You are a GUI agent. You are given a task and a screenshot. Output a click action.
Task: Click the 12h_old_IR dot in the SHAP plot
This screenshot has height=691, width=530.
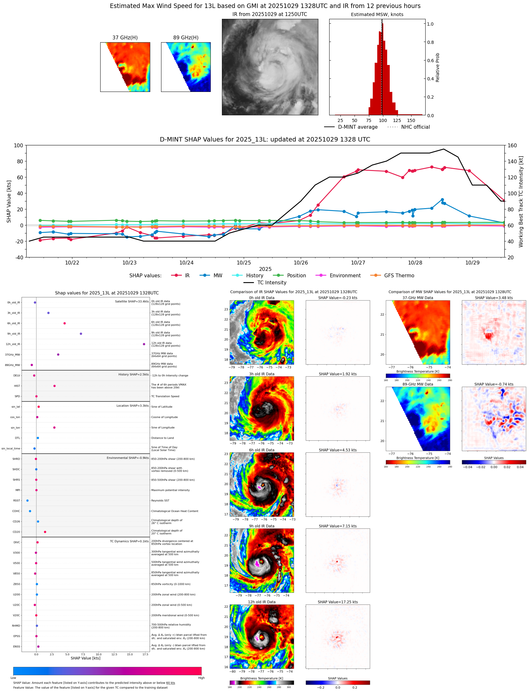[x=144, y=344]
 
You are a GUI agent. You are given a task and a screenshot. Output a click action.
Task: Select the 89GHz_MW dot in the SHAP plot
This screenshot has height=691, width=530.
[x=32, y=365]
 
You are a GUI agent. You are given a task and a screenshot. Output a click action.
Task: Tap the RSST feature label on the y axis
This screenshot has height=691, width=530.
[x=17, y=500]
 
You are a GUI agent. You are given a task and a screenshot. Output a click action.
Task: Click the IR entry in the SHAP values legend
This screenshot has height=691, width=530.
[x=187, y=276]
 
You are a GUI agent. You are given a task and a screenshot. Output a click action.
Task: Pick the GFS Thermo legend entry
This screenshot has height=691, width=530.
[x=399, y=276]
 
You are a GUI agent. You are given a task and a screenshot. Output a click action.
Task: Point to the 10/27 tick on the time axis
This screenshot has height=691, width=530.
[x=358, y=263]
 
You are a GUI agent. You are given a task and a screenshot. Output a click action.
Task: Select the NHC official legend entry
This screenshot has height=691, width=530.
[x=415, y=127]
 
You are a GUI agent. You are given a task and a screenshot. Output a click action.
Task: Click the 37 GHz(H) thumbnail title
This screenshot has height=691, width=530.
[x=125, y=38]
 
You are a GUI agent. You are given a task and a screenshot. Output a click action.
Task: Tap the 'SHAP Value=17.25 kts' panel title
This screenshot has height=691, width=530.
[x=338, y=602]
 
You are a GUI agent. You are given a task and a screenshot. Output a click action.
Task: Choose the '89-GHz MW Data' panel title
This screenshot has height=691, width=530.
[x=418, y=384]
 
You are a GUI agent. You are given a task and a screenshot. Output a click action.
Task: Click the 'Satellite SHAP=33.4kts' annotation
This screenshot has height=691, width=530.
[x=132, y=302]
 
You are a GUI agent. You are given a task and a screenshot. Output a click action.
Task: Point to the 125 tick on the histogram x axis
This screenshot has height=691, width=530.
[x=397, y=120]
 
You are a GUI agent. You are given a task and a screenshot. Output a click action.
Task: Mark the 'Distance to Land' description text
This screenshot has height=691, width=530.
[x=162, y=438]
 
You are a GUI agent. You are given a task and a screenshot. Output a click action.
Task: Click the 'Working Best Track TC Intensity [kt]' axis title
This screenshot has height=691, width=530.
[x=521, y=201]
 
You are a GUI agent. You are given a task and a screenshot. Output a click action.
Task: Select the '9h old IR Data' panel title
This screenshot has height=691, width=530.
[x=262, y=526]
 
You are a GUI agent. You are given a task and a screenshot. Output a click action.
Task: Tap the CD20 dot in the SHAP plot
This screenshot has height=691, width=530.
[x=45, y=532]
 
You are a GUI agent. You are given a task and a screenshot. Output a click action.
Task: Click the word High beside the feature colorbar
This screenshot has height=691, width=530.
[x=201, y=678]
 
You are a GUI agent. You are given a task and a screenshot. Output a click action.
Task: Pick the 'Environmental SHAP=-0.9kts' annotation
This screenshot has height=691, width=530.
[x=127, y=458]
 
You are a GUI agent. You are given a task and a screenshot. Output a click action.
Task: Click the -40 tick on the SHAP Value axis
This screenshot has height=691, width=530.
[x=19, y=257]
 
